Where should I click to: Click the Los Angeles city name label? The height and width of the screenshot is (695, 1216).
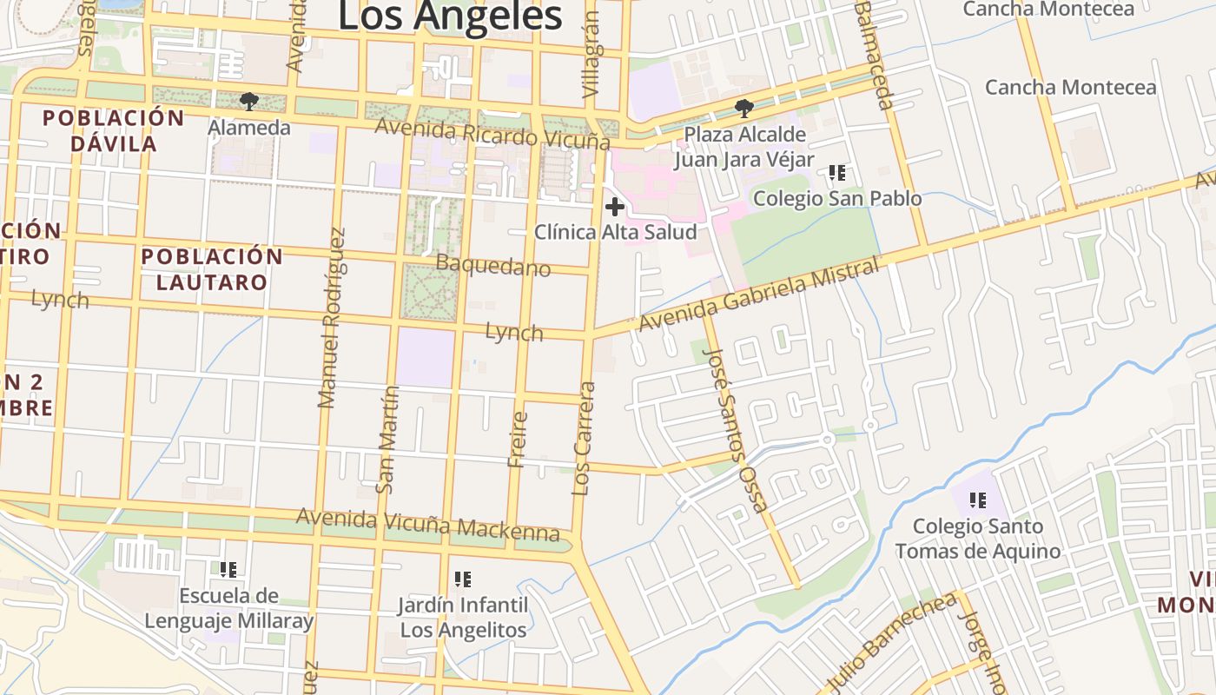coord(449,17)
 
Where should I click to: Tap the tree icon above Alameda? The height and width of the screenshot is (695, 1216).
coord(248,102)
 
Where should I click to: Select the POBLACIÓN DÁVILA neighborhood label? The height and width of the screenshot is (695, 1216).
coord(114,130)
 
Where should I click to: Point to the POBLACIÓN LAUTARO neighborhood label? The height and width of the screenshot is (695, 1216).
coord(212,269)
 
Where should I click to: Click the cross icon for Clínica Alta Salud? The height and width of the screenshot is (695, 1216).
coord(615,207)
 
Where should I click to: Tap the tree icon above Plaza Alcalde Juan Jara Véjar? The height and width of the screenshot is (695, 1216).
coord(743,109)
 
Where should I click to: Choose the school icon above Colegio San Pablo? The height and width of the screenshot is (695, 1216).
coord(836,173)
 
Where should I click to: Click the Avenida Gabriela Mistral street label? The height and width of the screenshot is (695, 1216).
coord(757,295)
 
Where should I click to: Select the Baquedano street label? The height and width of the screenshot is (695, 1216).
coord(493,266)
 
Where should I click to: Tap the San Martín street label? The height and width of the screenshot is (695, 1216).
coord(387,440)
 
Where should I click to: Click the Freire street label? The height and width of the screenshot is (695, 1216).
coord(518,440)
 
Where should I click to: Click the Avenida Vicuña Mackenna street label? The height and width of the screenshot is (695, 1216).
coord(427,524)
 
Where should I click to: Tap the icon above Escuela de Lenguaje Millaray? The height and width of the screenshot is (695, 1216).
coord(228,570)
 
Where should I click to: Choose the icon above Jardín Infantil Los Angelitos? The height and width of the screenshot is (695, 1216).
coord(463,579)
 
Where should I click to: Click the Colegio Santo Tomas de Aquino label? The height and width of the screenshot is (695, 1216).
coord(978,539)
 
